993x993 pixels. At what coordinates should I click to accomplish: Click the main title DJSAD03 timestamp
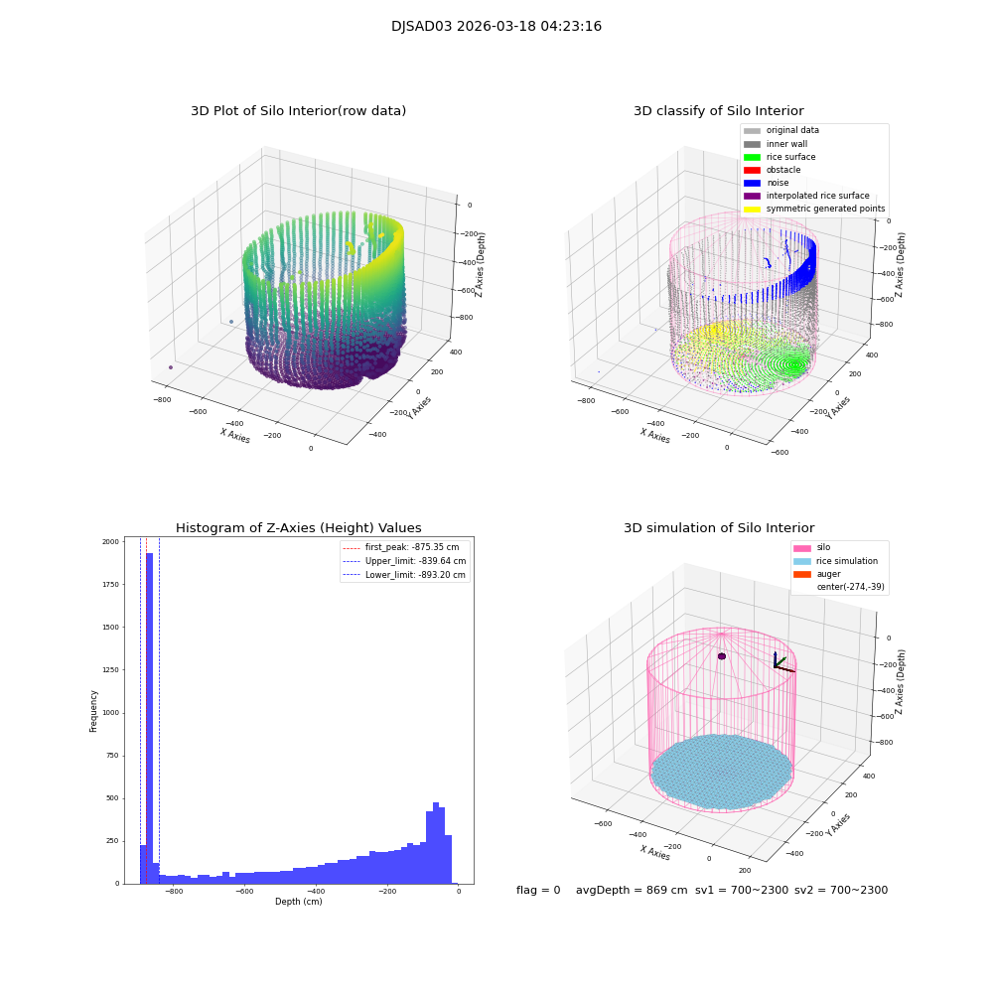(496, 27)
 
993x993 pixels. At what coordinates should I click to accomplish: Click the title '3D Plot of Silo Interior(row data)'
(298, 111)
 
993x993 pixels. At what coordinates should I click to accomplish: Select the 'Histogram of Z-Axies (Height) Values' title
(298, 528)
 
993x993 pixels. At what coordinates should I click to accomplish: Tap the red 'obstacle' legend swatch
(752, 170)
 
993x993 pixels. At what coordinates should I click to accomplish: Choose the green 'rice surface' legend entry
(792, 157)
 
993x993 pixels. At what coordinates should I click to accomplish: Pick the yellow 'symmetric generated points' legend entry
(824, 209)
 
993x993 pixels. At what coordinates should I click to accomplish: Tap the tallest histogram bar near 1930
(150, 715)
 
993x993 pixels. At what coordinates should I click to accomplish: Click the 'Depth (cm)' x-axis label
(298, 902)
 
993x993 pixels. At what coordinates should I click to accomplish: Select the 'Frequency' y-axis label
(94, 711)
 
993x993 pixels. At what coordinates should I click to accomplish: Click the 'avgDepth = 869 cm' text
(632, 891)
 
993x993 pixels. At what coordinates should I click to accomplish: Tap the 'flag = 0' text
(538, 891)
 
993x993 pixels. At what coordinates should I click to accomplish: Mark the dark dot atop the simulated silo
(722, 656)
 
